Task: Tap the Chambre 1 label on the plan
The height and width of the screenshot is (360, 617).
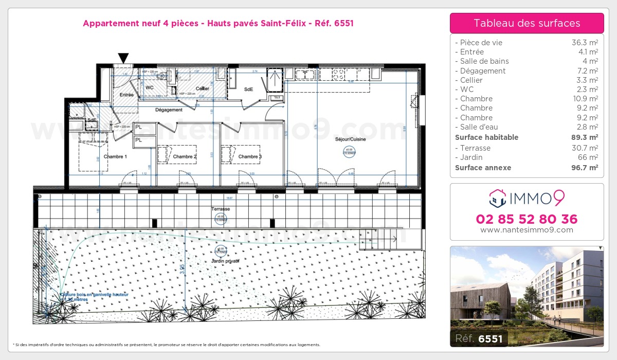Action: coord(115,156)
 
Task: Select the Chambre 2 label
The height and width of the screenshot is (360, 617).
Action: coord(185,156)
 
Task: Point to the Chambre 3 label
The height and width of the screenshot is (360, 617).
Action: coord(250,156)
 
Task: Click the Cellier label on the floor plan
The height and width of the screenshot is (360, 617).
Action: coord(202,88)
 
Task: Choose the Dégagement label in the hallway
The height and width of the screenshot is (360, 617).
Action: coord(169,110)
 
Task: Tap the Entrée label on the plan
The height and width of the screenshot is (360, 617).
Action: coord(126,95)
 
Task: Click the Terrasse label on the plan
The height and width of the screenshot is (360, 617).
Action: coord(220,209)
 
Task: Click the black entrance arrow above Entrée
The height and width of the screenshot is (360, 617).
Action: coord(123,58)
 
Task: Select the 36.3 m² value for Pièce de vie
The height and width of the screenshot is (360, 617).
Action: coord(586,43)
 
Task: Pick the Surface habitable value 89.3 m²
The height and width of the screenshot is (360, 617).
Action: coord(585,137)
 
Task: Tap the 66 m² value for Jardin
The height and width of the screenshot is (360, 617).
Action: coord(588,157)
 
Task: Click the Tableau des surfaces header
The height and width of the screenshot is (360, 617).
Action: coord(527,23)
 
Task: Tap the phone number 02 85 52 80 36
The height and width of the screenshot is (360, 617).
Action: coord(527,219)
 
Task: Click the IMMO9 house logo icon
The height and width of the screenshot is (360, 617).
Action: coord(497,197)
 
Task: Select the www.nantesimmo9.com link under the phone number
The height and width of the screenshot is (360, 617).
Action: coord(527,230)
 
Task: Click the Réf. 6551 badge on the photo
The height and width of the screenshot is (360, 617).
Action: coord(479,338)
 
